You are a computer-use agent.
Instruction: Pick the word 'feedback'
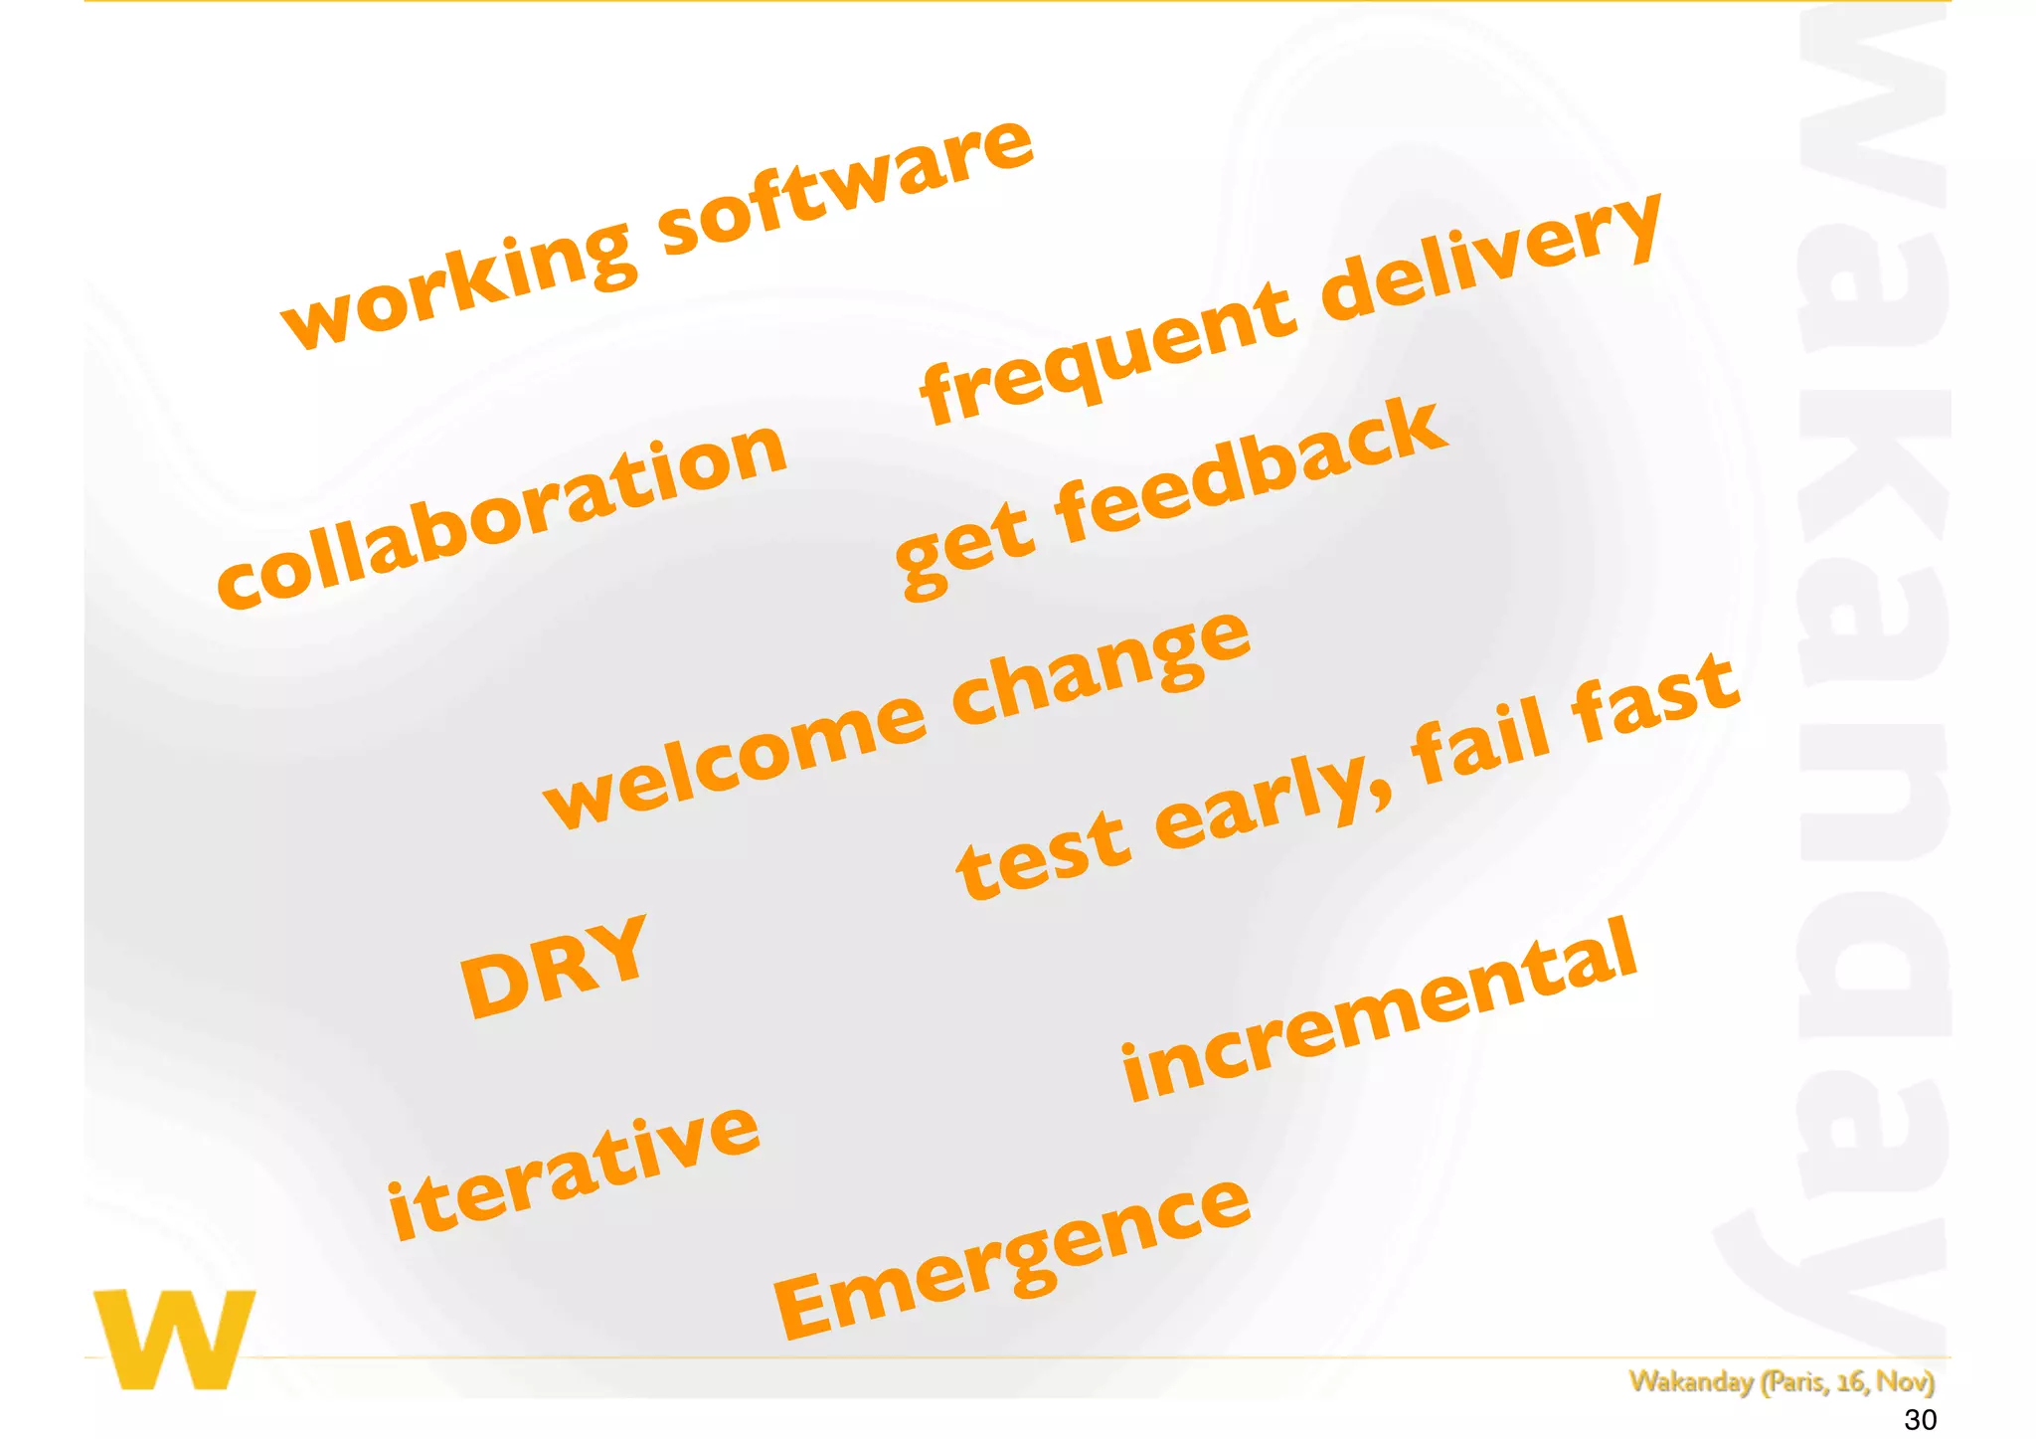click(1248, 472)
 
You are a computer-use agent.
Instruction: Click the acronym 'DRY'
click(554, 965)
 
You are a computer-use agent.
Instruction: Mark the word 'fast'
click(1655, 696)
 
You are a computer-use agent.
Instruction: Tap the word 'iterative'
click(574, 1173)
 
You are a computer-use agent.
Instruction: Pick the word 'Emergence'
click(1011, 1258)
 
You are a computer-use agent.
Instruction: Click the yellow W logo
click(175, 1339)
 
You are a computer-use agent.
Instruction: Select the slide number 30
click(1920, 1419)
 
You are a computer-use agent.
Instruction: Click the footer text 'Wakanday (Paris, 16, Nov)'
click(1781, 1381)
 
